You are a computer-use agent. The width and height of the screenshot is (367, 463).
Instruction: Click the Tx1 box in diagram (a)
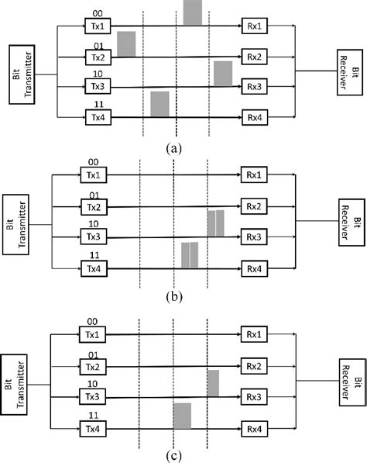click(x=97, y=26)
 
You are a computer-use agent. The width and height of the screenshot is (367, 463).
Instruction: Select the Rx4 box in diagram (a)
click(x=253, y=118)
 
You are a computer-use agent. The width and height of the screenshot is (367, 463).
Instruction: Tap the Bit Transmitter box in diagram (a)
click(x=21, y=74)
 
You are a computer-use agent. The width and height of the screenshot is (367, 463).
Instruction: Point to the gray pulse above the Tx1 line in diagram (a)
click(x=193, y=12)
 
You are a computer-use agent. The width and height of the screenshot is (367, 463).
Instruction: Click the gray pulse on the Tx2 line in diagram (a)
click(x=126, y=44)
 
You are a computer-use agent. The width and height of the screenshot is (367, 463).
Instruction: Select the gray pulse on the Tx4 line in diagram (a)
click(x=159, y=104)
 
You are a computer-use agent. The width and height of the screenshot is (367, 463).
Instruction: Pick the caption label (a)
click(x=173, y=147)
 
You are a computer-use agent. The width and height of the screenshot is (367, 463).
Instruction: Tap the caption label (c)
click(x=173, y=452)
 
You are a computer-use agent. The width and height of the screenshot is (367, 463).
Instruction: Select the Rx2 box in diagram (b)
click(x=252, y=206)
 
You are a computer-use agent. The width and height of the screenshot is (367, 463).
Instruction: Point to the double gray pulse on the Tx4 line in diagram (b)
click(x=190, y=255)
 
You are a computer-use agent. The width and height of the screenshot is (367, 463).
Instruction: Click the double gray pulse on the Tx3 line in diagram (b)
click(x=216, y=223)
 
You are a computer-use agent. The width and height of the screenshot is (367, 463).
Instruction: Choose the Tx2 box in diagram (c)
click(x=94, y=366)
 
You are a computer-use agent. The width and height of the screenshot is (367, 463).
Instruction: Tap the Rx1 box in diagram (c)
click(x=252, y=334)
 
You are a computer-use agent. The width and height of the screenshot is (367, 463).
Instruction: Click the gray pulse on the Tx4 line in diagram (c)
click(x=182, y=416)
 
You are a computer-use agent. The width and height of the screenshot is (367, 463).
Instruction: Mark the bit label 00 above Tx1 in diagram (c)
click(x=91, y=320)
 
